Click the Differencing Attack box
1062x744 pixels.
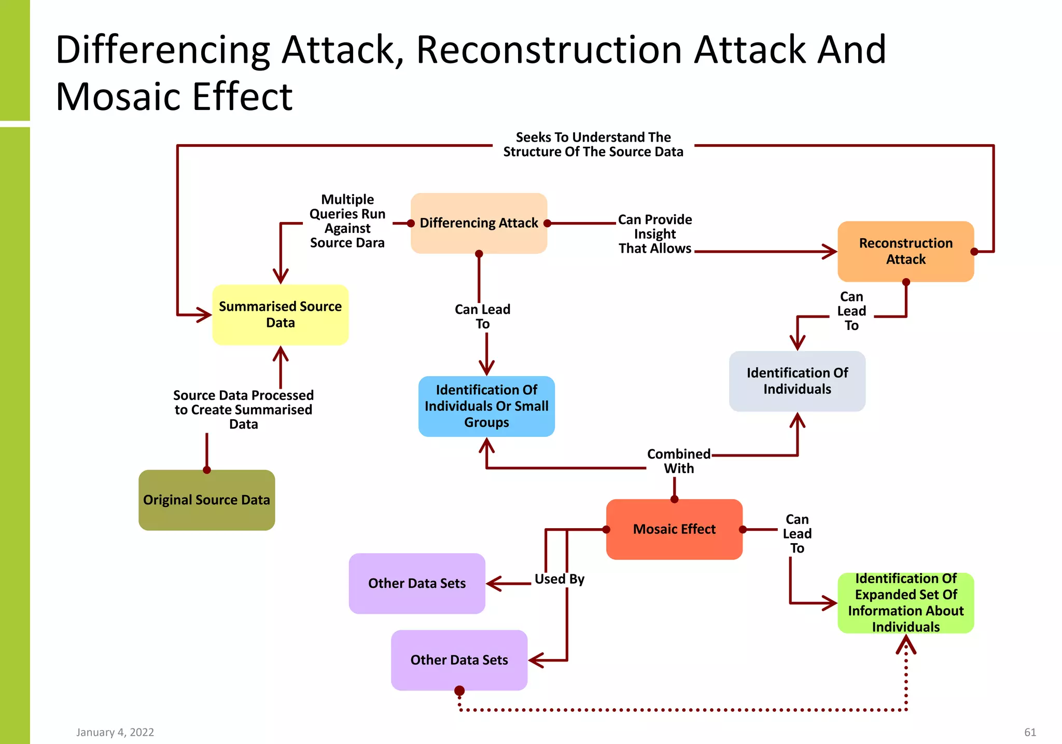(x=479, y=223)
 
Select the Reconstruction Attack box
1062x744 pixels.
(x=905, y=252)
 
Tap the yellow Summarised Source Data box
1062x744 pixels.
(x=280, y=314)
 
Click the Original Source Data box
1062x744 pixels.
(x=206, y=500)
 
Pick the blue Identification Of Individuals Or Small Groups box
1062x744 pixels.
(x=486, y=406)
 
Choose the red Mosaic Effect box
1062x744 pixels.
(x=674, y=529)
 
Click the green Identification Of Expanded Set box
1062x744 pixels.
(x=905, y=602)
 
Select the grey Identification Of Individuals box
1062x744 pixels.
(x=796, y=381)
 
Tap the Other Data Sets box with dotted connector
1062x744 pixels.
(x=459, y=660)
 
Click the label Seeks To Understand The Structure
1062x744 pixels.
(x=593, y=145)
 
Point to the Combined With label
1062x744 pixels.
(x=678, y=461)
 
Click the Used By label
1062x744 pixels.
(x=559, y=579)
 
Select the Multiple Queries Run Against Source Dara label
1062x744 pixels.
(x=347, y=221)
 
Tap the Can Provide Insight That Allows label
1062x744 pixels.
(x=654, y=234)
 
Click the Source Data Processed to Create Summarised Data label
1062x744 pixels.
(x=243, y=409)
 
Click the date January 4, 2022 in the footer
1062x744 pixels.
(x=115, y=732)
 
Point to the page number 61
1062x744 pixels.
(x=1030, y=732)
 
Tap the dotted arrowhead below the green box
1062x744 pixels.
(x=905, y=645)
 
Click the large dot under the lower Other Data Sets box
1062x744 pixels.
(x=459, y=691)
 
